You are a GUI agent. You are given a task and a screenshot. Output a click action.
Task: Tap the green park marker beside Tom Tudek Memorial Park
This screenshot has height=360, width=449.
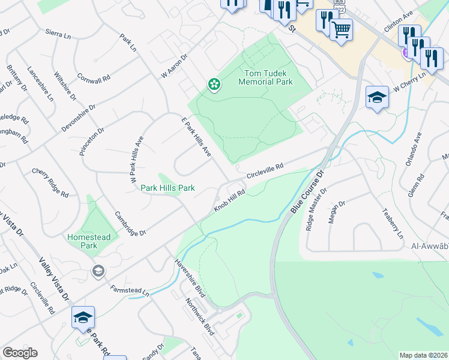[x=213, y=85]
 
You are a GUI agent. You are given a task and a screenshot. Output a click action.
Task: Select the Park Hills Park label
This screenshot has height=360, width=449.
[x=167, y=188]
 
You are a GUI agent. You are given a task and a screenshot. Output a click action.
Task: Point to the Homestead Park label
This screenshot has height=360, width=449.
[x=89, y=241]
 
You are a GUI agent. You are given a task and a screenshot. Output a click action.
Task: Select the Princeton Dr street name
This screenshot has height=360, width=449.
[x=92, y=141]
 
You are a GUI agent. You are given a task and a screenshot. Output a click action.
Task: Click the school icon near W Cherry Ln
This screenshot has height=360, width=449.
[x=377, y=97]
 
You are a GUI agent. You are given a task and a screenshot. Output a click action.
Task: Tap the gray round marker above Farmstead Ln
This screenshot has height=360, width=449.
[x=98, y=272]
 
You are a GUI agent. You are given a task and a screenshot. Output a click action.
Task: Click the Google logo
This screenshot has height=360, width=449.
[x=20, y=353]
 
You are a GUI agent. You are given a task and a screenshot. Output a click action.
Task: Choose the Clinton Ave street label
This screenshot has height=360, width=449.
[x=399, y=21]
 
